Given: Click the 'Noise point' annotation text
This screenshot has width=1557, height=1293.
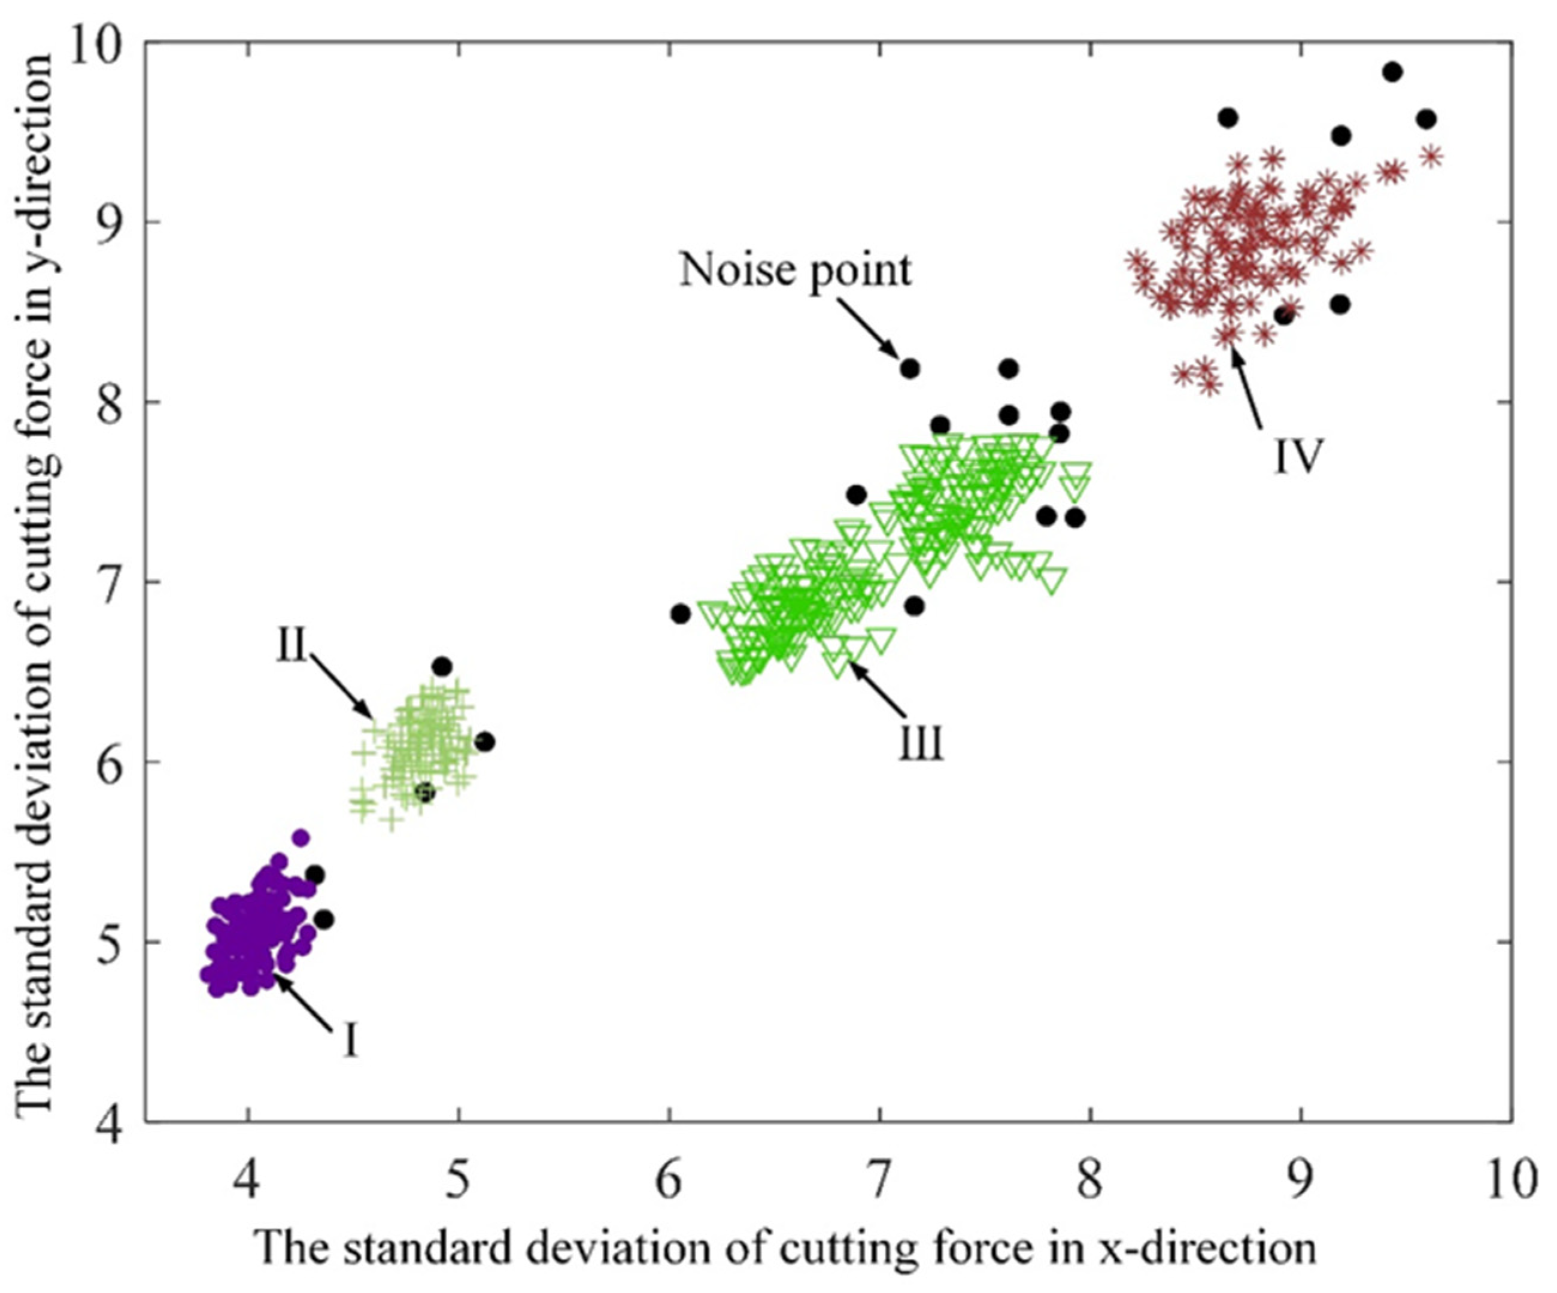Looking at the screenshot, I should click(796, 271).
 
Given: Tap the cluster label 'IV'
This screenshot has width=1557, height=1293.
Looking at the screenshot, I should click(1298, 457).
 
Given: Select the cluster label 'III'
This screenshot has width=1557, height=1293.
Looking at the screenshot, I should click(922, 743).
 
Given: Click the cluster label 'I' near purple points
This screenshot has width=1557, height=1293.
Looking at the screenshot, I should click(351, 1040).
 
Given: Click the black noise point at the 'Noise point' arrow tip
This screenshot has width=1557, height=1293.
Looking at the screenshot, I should click(910, 369).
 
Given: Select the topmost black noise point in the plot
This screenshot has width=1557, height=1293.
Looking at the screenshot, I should click(1392, 72).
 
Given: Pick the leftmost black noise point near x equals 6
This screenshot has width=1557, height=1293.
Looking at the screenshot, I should click(681, 614).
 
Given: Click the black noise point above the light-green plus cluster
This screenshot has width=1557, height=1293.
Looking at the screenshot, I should click(442, 666).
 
